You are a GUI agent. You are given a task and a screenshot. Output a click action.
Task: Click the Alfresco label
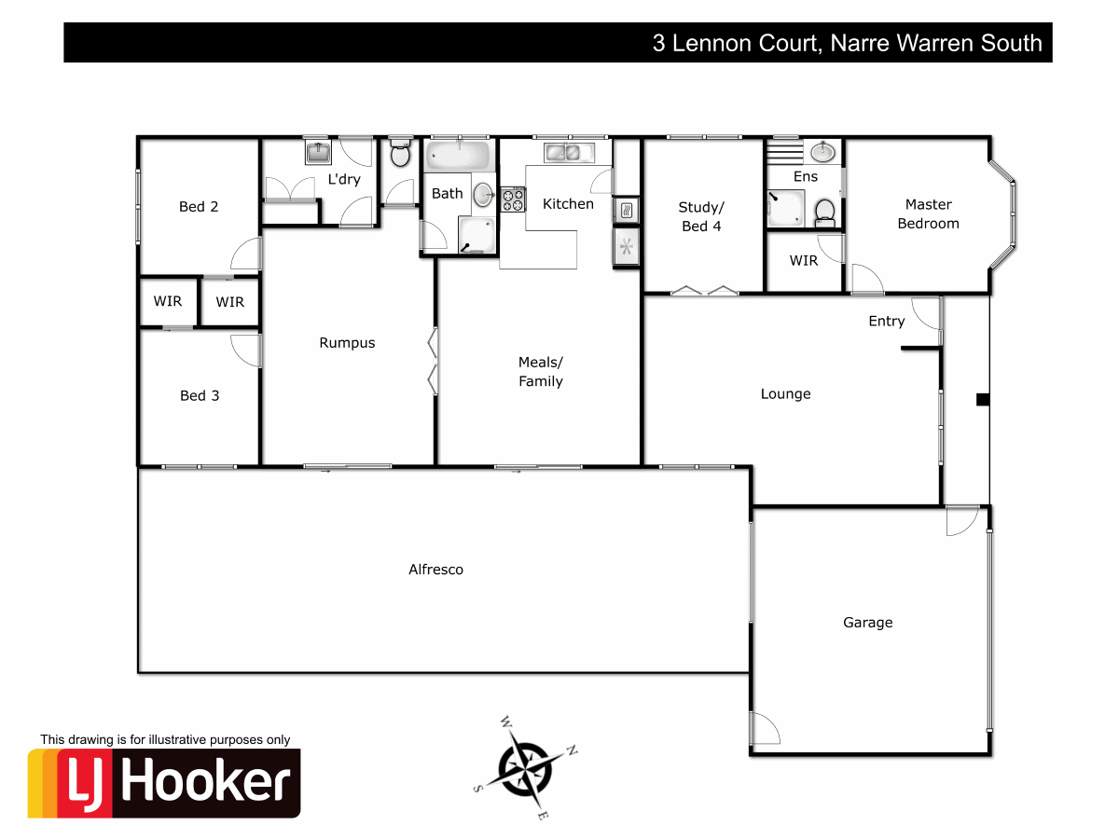click(435, 570)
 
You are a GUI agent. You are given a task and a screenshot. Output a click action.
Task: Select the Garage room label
click(867, 623)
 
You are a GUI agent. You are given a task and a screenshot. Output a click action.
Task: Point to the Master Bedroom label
click(928, 214)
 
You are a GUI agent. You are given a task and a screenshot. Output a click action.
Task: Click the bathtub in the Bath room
click(457, 155)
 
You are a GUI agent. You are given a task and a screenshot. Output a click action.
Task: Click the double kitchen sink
click(562, 152)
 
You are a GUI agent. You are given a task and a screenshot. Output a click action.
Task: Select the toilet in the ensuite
click(824, 212)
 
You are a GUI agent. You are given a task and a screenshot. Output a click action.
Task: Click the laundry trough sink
click(318, 152)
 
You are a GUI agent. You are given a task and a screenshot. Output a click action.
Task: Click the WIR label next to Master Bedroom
click(803, 261)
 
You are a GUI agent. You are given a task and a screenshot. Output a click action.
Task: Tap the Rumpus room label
click(347, 343)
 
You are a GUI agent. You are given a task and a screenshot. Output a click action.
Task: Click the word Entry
click(886, 322)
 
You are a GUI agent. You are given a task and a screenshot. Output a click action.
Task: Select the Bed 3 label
click(200, 396)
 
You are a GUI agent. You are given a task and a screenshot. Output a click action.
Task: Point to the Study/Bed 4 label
click(700, 217)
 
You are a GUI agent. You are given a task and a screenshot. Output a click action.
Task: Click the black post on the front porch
click(981, 400)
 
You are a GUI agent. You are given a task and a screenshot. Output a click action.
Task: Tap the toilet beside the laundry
click(401, 154)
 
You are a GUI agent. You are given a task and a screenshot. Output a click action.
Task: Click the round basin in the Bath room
click(483, 195)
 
